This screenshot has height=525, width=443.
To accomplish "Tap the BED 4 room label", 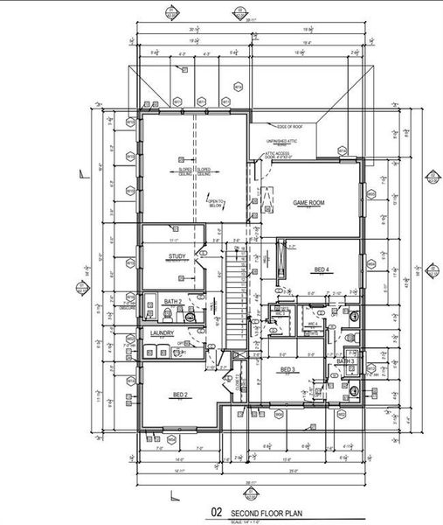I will point(322,269).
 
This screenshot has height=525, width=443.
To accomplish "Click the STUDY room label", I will point(178,256).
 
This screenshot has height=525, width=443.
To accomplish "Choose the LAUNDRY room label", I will point(162,333).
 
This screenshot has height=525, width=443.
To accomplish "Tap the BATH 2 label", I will point(173,301).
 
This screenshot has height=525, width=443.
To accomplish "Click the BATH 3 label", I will point(345,360).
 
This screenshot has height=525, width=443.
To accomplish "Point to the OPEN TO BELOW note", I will point(215,204).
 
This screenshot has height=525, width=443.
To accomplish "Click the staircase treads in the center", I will point(233,297).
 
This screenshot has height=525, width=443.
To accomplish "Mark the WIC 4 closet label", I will point(311,323).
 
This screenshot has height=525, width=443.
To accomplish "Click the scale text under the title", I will point(250,522).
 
